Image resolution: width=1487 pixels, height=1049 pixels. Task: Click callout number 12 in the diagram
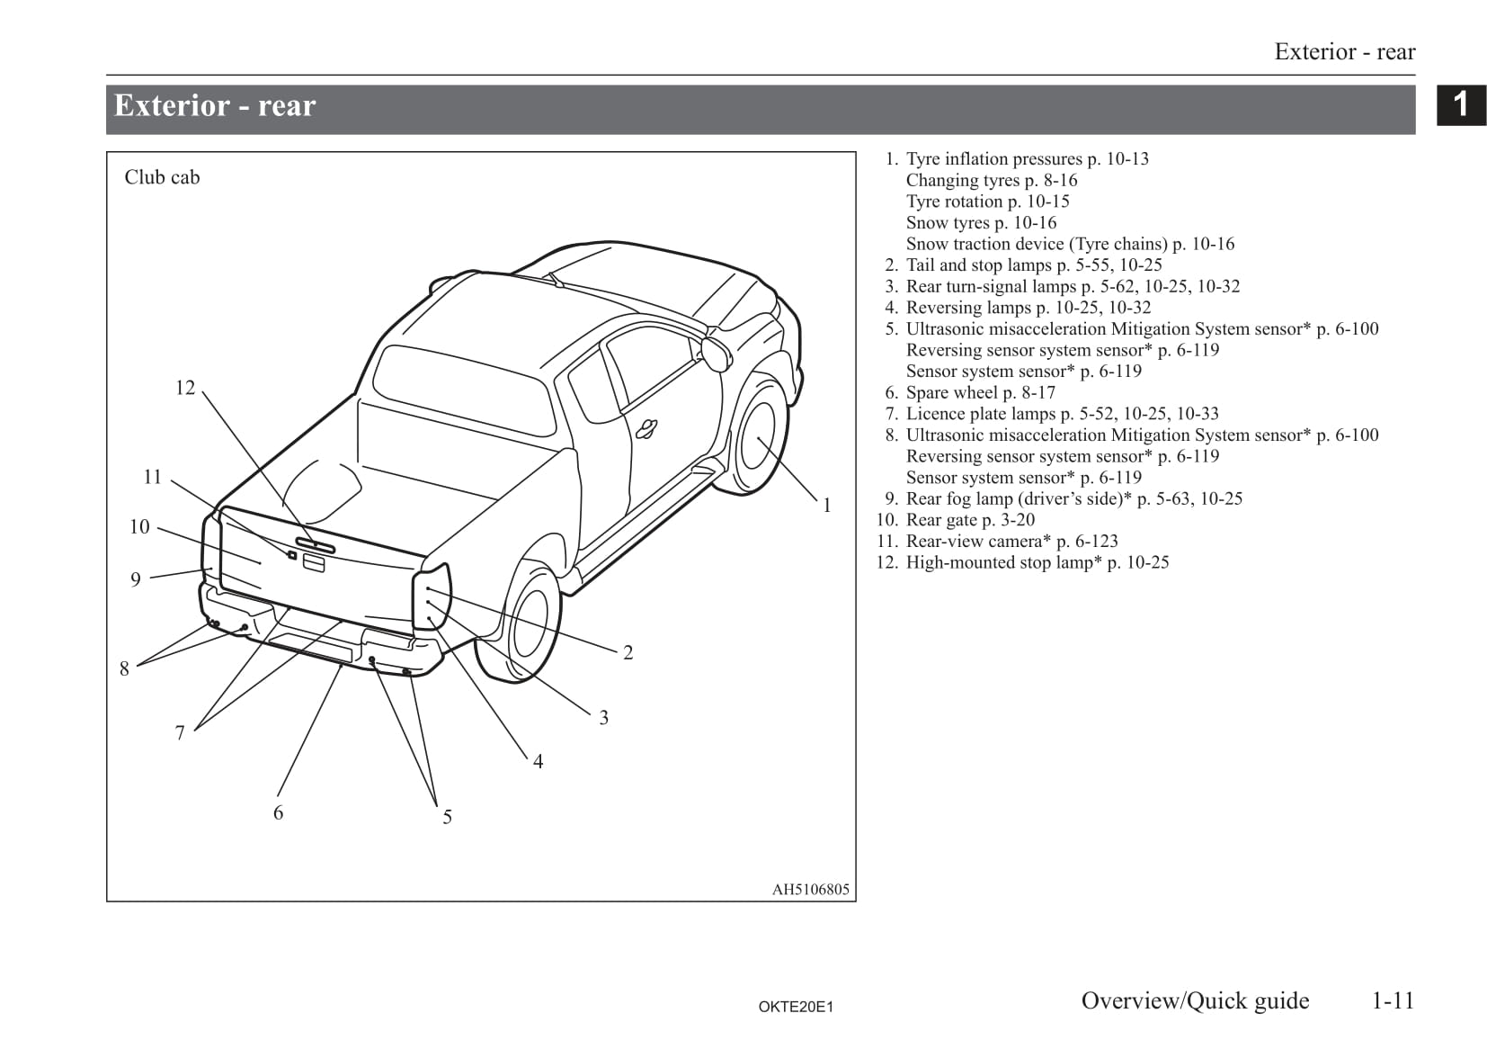[184, 388]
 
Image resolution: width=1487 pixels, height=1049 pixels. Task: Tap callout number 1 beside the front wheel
[827, 506]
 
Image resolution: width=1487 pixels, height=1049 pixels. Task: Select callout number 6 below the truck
[278, 813]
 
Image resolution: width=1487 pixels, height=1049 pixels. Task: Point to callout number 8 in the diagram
[124, 668]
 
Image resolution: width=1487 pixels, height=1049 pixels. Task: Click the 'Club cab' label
[162, 177]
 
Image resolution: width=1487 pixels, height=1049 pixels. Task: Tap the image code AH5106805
[810, 890]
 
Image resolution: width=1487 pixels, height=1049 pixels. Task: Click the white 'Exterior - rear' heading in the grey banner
[215, 106]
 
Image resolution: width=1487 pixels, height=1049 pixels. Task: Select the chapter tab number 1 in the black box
[1461, 104]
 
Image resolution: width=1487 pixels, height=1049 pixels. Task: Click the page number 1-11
[1393, 1000]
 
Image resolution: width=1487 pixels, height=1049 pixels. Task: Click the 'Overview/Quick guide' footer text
[1195, 1000]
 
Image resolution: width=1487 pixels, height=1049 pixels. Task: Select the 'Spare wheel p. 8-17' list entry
[980, 392]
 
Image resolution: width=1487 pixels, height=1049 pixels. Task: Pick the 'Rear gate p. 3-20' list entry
[970, 520]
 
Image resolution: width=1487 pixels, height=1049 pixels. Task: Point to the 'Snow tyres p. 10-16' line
[981, 222]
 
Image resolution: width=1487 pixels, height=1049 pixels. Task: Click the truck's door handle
[646, 430]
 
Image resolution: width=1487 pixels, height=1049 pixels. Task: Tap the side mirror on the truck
[717, 353]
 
